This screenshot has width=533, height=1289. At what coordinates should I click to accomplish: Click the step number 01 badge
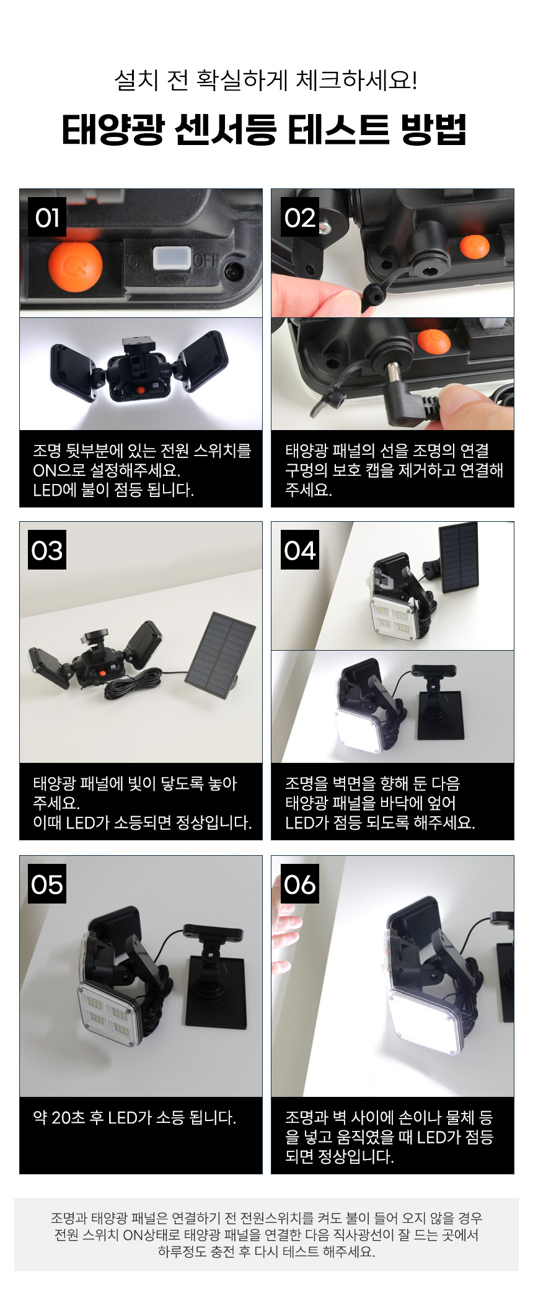click(x=47, y=218)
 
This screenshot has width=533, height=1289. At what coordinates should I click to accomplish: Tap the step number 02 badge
click(x=300, y=218)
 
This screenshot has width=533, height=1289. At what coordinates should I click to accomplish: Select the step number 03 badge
click(x=47, y=550)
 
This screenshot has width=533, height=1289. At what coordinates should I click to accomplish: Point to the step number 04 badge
click(x=300, y=550)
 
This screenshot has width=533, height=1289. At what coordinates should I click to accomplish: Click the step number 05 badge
click(x=47, y=884)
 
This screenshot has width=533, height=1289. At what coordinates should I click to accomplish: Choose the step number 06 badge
click(x=300, y=884)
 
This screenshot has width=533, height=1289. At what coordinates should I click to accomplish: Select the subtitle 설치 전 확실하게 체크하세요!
click(x=266, y=81)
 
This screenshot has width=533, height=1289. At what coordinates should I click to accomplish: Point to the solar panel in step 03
click(x=221, y=654)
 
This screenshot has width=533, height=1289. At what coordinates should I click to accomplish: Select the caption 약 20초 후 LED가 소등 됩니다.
click(x=134, y=1117)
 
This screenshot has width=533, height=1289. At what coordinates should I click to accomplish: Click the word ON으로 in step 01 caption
click(x=59, y=470)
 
